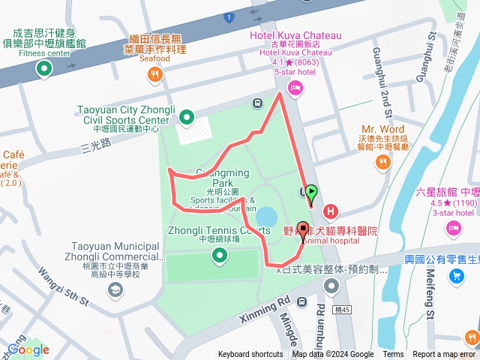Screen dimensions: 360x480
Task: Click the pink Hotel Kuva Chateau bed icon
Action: click(x=295, y=89)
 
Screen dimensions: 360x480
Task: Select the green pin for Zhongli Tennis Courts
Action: click(x=219, y=256)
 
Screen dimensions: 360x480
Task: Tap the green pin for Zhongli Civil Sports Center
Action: click(x=186, y=117)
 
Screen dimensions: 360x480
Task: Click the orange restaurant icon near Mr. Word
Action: click(x=383, y=160)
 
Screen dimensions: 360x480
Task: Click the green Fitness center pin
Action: click(x=43, y=70)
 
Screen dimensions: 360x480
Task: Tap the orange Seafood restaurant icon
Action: click(x=154, y=73)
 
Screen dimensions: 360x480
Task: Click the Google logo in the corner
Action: click(x=28, y=349)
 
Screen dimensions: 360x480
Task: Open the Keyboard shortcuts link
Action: click(x=250, y=355)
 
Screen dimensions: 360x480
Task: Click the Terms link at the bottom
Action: click(x=393, y=355)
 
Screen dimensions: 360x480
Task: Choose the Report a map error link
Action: click(x=444, y=355)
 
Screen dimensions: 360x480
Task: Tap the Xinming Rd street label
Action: click(x=262, y=307)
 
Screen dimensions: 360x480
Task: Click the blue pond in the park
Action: click(x=265, y=217)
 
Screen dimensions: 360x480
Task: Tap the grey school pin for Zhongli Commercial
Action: click(x=115, y=289)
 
